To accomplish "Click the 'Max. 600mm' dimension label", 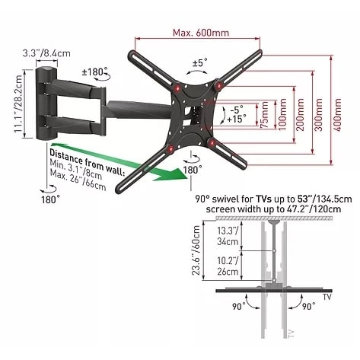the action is tap(201, 33).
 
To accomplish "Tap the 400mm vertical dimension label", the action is tap(337, 115).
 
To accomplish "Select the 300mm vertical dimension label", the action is tap(319, 115).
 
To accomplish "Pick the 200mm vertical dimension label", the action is tap(301, 115).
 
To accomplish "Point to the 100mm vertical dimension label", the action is tap(282, 115).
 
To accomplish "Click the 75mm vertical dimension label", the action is tap(265, 115).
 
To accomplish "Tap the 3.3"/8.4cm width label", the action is tap(46, 53).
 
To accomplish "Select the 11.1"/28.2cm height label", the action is tap(18, 104).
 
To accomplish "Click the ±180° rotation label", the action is tap(94, 72).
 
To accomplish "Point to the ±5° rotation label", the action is tap(200, 62).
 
